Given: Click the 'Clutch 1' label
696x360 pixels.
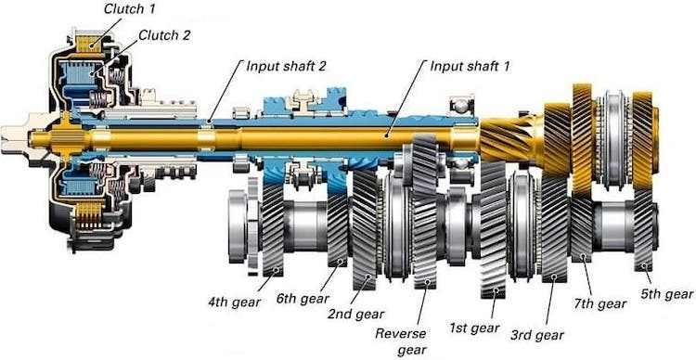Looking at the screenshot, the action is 130,9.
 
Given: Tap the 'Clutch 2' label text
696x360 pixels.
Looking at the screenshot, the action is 164,35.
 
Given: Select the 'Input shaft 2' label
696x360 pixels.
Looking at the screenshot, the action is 287,66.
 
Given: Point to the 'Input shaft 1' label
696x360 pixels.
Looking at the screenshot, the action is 470,66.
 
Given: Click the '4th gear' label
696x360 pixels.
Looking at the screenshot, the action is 234,302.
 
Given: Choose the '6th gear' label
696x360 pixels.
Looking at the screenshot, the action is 303,298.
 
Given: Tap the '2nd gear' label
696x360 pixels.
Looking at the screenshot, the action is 356,314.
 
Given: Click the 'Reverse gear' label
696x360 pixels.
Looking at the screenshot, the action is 400,341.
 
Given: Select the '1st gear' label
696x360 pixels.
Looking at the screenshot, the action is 474,328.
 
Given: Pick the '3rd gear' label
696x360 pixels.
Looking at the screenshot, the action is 537,335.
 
